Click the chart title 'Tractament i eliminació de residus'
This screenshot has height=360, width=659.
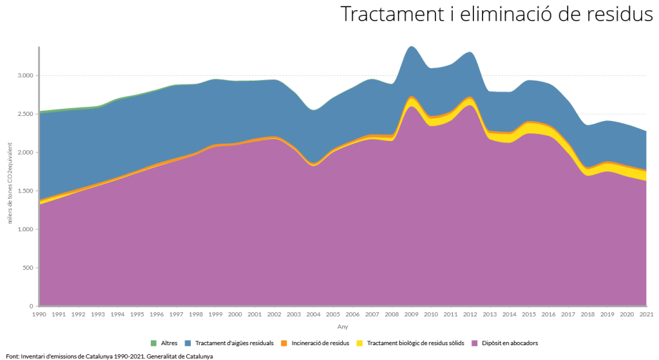(x=496, y=14)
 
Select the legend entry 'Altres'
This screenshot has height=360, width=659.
(x=169, y=343)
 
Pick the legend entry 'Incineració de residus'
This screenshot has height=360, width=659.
(x=319, y=343)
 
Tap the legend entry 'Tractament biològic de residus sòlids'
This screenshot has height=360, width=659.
(x=411, y=343)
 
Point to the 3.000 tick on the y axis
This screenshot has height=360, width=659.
(x=24, y=76)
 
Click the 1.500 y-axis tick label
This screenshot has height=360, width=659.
(x=24, y=191)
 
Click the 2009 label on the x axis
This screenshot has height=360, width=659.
(x=412, y=315)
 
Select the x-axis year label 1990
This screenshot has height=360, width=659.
(x=39, y=315)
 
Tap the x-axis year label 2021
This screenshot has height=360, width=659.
(x=646, y=315)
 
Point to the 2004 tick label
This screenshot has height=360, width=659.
(x=314, y=315)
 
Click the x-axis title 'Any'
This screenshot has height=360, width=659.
(x=343, y=327)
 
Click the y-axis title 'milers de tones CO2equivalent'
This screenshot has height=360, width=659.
(x=10, y=176)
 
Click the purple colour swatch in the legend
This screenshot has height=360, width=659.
(x=475, y=343)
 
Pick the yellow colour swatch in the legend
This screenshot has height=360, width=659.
(x=360, y=343)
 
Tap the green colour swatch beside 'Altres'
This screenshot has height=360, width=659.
(x=153, y=343)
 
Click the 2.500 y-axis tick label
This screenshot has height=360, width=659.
(x=24, y=114)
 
